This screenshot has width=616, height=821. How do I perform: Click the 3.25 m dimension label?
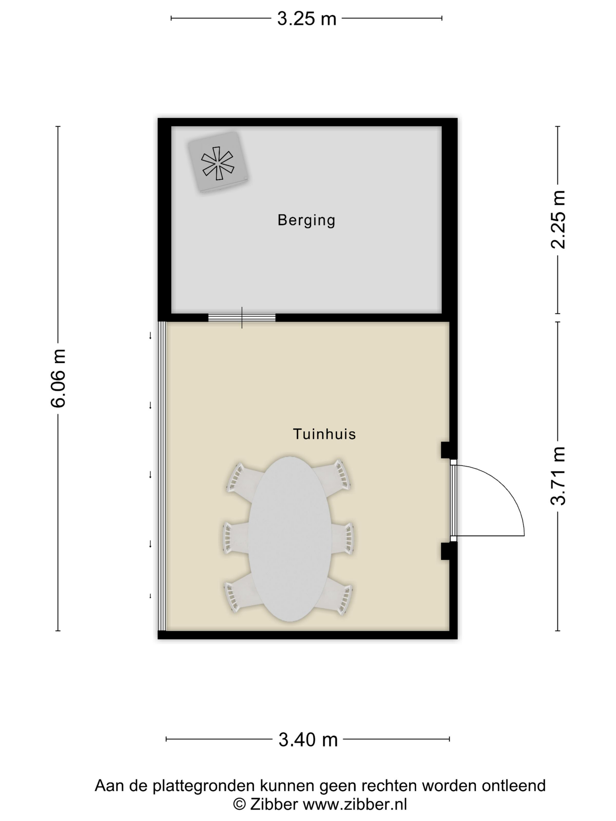point(306,18)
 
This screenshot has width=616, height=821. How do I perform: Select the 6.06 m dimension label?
point(58,378)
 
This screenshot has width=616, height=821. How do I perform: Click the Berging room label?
point(306,220)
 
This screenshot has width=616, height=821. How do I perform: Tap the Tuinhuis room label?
point(324,434)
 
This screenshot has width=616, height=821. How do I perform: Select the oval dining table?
point(290,539)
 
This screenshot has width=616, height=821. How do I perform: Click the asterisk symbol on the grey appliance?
point(218,163)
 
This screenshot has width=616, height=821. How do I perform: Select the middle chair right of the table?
point(342,539)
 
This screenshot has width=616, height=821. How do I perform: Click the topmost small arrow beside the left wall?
point(150,336)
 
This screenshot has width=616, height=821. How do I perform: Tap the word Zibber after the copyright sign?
point(274,804)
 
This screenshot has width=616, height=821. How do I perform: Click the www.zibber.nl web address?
point(355,804)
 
